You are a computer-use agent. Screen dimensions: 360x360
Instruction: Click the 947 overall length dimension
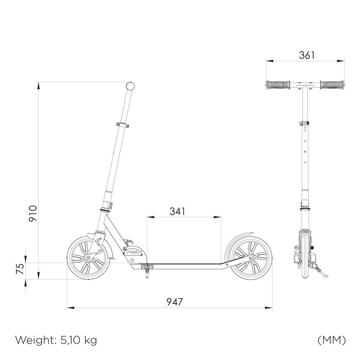pyautogui.click(x=174, y=302)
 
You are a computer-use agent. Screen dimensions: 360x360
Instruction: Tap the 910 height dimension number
pyautogui.click(x=33, y=213)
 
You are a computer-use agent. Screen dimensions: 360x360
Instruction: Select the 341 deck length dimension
pyautogui.click(x=177, y=211)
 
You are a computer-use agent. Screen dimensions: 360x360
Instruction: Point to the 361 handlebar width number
pyautogui.click(x=307, y=55)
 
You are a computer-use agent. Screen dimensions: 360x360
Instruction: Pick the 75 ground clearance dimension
pyautogui.click(x=20, y=269)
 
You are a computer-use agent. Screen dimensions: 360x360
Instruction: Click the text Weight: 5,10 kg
pyautogui.click(x=56, y=340)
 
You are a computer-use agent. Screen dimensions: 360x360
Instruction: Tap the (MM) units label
pyautogui.click(x=332, y=340)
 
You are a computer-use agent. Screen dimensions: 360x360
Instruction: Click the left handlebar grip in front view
pyautogui.click(x=278, y=85)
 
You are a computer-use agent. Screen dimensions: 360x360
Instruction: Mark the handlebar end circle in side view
pyautogui.click(x=130, y=86)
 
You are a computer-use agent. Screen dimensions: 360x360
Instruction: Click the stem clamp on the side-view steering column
pyautogui.click(x=122, y=125)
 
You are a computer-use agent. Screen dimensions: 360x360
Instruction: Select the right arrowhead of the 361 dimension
pyautogui.click(x=340, y=61)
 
